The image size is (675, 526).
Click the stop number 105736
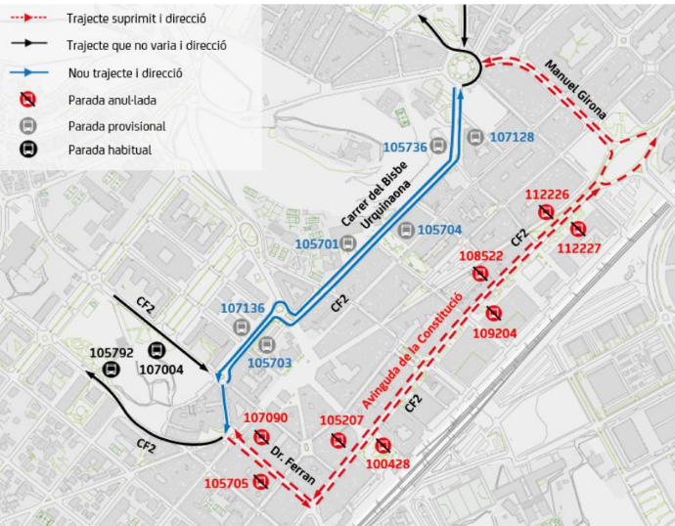[405, 148]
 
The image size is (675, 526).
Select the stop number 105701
[316, 242]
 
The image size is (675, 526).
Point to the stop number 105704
[439, 230]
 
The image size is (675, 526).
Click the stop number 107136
[243, 308]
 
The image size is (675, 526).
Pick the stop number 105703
[270, 362]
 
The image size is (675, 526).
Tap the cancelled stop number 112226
[547, 194]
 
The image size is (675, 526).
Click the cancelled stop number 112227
[578, 247]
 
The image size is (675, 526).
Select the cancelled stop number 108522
[480, 255]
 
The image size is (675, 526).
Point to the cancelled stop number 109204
[494, 332]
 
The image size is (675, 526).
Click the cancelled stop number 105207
[342, 420]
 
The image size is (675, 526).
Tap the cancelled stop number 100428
[387, 463]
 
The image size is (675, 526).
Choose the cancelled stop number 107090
[265, 418]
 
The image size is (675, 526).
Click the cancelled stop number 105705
[226, 483]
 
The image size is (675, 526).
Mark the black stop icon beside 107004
[156, 350]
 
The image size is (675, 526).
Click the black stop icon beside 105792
[112, 368]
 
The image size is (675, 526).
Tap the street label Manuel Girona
[576, 90]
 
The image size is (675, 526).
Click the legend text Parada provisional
[116, 126]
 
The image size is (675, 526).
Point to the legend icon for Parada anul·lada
[28, 99]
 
